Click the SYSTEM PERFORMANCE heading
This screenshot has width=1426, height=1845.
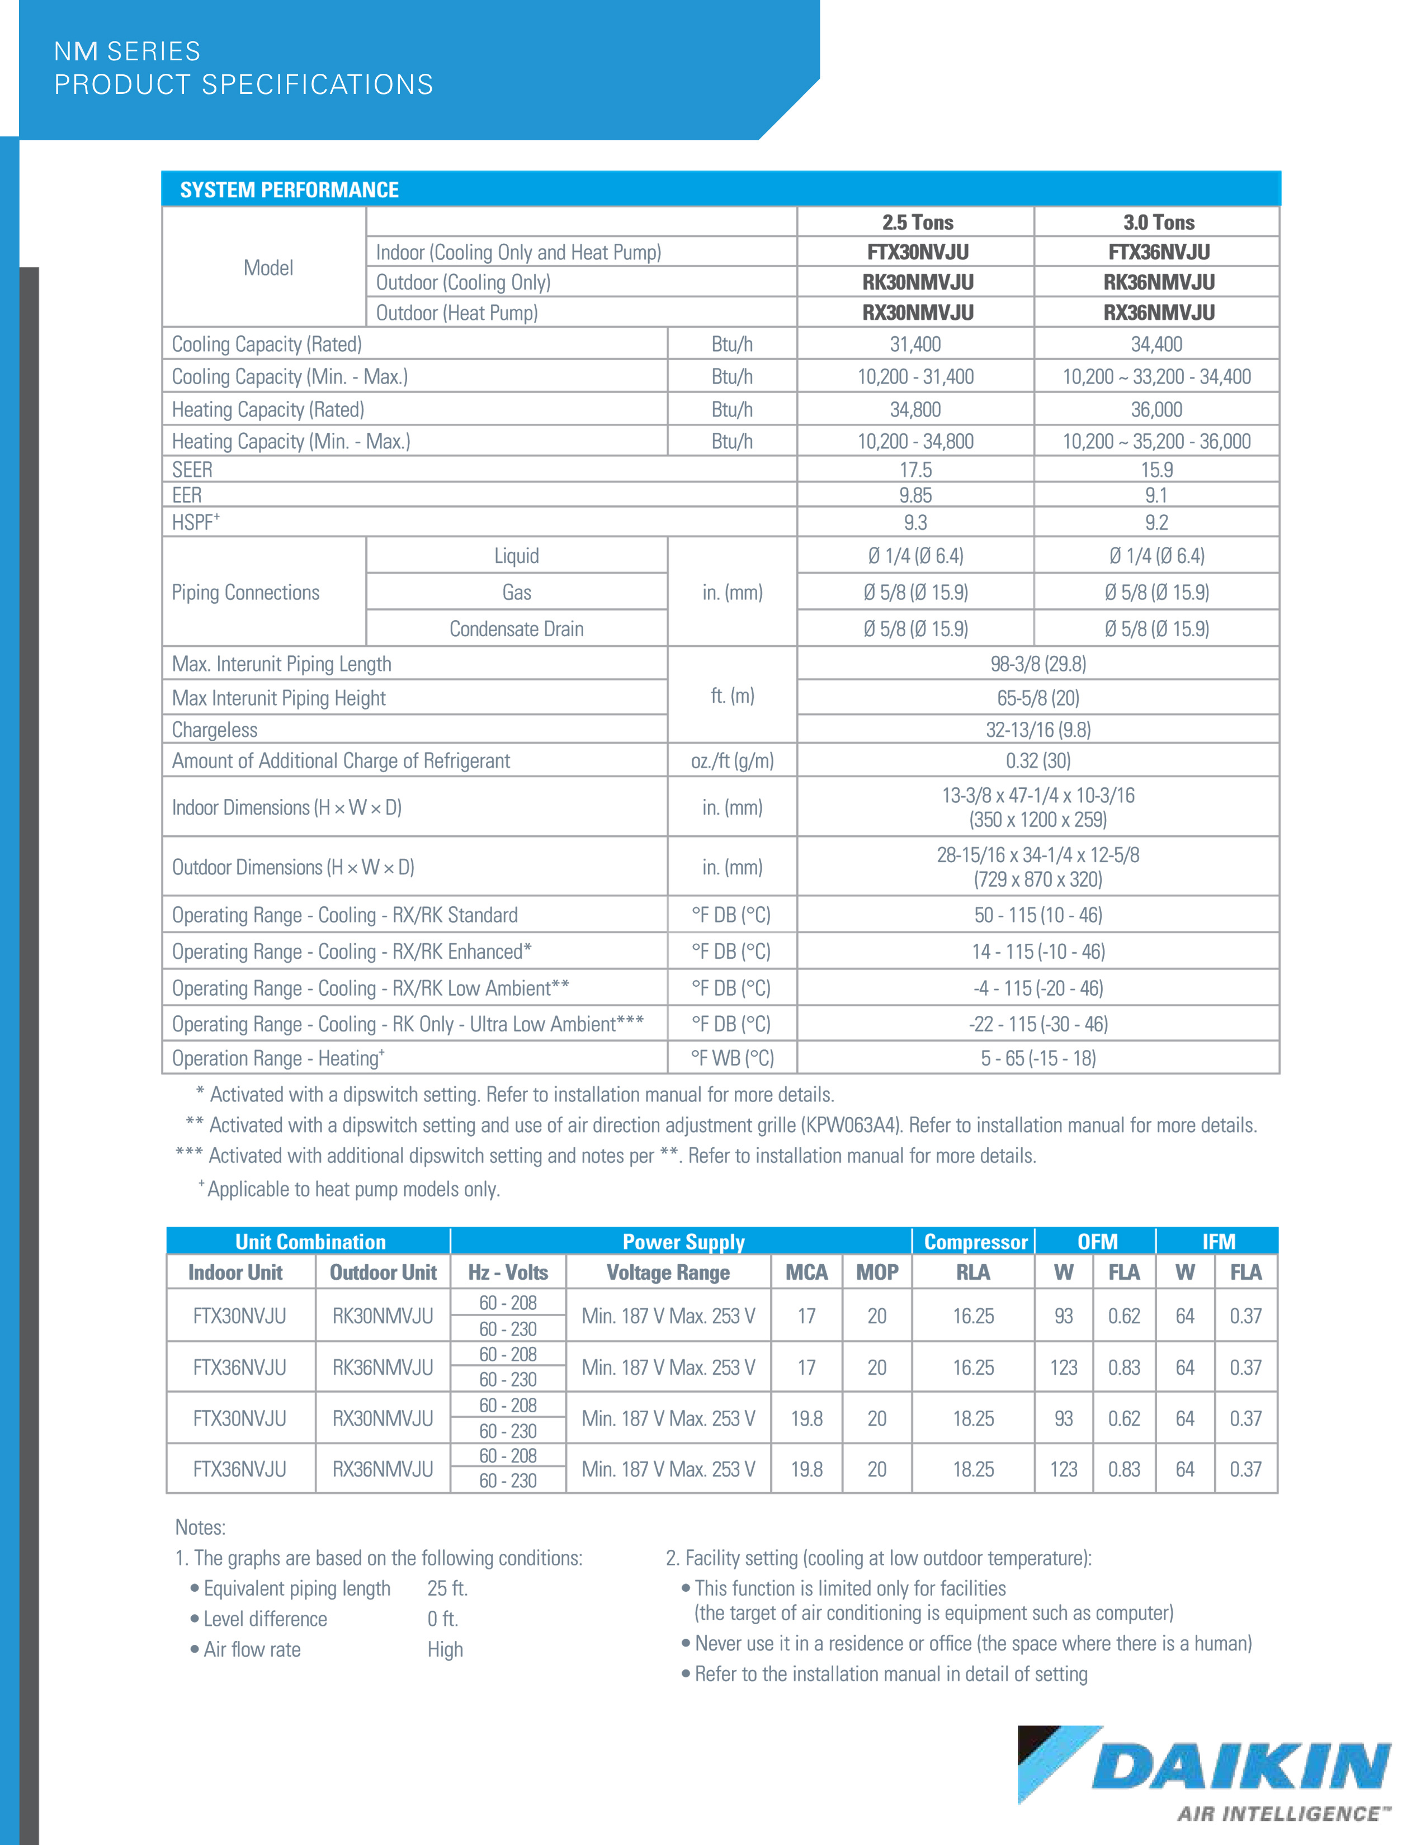(289, 190)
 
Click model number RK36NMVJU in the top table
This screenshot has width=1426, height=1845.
(1158, 282)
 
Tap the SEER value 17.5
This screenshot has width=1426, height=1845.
(916, 470)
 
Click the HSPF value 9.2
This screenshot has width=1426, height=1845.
(1156, 523)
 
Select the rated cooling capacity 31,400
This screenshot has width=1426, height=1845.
(916, 344)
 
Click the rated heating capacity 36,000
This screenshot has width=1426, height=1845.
(1156, 410)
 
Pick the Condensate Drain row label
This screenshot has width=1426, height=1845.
(516, 628)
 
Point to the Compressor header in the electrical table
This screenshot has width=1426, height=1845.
(975, 1242)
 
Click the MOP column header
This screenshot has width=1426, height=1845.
(877, 1272)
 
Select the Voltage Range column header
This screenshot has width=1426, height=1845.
(667, 1272)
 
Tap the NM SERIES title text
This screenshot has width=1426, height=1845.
(128, 51)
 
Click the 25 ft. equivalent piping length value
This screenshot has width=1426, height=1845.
(447, 1588)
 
